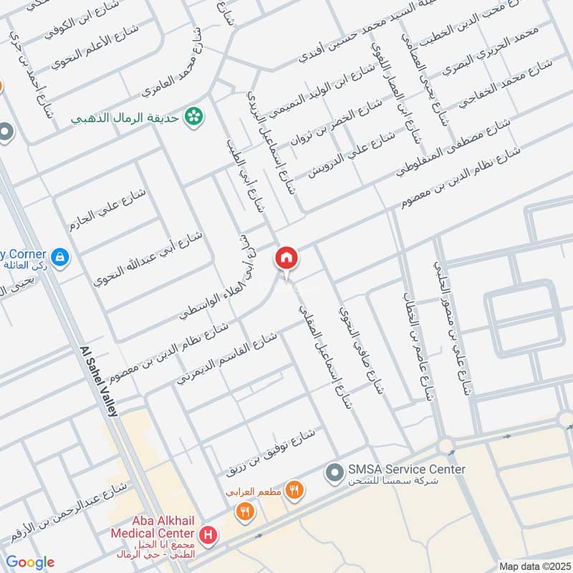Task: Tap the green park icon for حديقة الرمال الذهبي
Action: point(192,115)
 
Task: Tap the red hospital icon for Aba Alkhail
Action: point(208,534)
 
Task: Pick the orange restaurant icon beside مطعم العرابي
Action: point(294,491)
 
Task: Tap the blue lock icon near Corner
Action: point(60,256)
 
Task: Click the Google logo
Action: point(30,562)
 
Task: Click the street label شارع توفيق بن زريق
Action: point(271,453)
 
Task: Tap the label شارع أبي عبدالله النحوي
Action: point(148,258)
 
